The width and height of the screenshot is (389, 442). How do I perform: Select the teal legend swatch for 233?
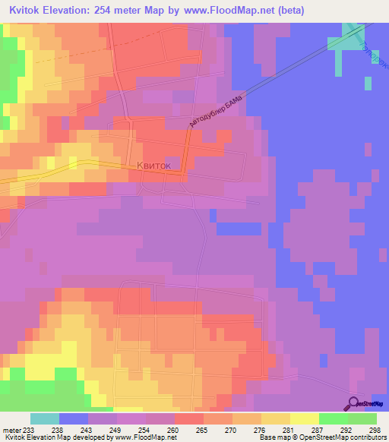pyautogui.click(x=45, y=418)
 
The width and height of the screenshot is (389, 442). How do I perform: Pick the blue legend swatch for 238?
pyautogui.click(x=74, y=418)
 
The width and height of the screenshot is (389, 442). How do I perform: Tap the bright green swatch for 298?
pyautogui.click(x=362, y=418)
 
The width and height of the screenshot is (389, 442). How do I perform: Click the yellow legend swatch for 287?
pyautogui.click(x=304, y=418)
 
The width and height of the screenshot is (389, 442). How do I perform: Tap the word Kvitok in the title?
pyautogui.click(x=24, y=11)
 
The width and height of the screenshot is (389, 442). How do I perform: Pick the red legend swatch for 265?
pyautogui.click(x=188, y=418)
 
